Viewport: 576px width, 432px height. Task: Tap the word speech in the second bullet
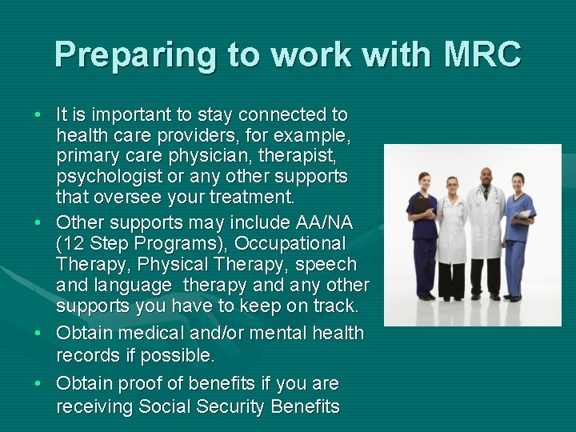point(328,264)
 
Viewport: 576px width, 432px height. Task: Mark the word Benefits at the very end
point(306,406)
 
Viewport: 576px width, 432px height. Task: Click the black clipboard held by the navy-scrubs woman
point(421,206)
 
